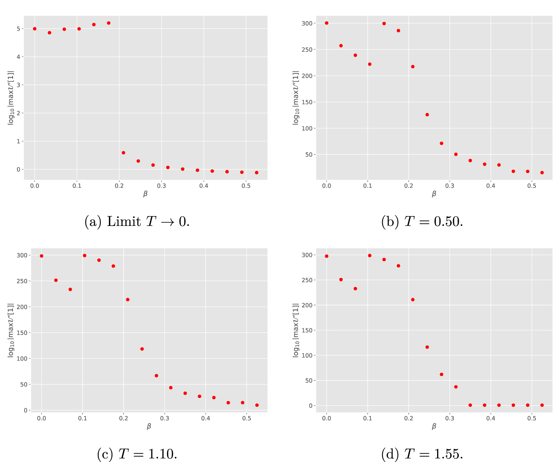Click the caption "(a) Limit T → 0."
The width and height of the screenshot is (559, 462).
[x=137, y=221]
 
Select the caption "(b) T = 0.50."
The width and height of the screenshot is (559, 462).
[x=422, y=221]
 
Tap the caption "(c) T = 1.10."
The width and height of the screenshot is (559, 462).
[x=137, y=454]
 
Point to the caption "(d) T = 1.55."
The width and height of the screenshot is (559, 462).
[x=422, y=454]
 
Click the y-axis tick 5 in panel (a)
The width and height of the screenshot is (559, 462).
[x=18, y=29]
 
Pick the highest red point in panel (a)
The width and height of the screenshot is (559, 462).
[x=109, y=23]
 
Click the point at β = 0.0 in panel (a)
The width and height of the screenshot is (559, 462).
[x=35, y=29]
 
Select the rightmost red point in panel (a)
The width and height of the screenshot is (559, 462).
[x=256, y=173]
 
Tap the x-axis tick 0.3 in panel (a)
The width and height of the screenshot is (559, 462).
[x=161, y=186]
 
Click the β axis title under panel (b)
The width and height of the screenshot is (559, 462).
[x=434, y=194]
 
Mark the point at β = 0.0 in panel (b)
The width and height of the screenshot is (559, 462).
[x=326, y=23]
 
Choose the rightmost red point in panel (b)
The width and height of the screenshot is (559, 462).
[x=542, y=173]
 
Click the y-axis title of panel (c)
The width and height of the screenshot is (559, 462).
[x=11, y=330]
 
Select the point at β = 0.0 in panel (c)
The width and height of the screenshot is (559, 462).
[x=41, y=256]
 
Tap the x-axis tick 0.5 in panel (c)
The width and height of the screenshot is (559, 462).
[x=247, y=418]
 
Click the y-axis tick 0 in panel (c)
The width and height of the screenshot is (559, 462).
[x=25, y=410]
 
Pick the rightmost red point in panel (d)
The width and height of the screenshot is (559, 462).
[x=542, y=405]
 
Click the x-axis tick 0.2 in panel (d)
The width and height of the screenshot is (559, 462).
[x=409, y=418]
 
